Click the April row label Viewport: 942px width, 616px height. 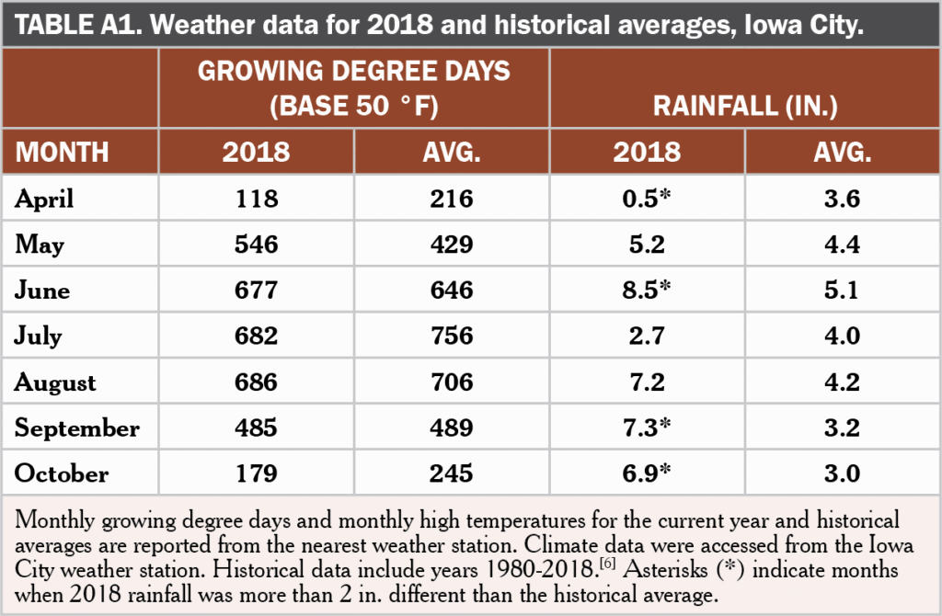coord(44,199)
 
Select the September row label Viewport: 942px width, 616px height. coord(77,428)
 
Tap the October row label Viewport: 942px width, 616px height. coord(62,473)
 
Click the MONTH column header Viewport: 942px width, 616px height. coord(62,152)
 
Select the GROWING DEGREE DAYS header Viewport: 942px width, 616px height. coord(354,71)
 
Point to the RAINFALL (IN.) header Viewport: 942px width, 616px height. coord(745,106)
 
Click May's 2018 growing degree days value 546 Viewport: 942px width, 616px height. coord(256,245)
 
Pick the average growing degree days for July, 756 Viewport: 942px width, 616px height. coord(451,336)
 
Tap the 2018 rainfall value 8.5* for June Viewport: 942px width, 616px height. coord(647,290)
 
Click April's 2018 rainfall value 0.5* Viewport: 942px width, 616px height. coord(647,198)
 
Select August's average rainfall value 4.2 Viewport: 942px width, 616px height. coord(842,382)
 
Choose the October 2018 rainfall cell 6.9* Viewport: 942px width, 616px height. coord(647,473)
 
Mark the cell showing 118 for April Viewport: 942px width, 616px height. coord(257,199)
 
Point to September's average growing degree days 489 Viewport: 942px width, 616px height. coord(451,428)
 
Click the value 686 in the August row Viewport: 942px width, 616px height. coord(256,382)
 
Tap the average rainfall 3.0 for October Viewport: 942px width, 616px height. coord(842,473)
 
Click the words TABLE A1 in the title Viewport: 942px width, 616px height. coord(78,25)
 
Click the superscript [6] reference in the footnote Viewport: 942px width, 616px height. coord(607,564)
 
